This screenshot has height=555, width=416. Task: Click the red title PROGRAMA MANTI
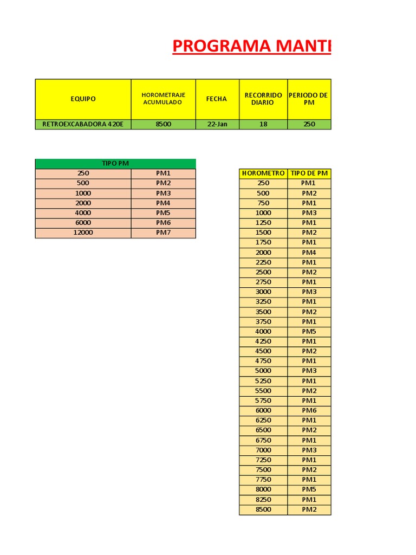[252, 47]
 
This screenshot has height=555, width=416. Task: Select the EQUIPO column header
[83, 99]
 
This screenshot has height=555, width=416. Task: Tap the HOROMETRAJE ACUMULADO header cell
[163, 99]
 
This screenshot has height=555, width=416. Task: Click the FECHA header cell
[217, 99]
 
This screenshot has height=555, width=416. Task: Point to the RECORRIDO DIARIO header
[263, 99]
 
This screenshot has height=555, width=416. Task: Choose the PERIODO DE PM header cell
[309, 99]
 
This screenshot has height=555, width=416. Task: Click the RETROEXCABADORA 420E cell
[83, 124]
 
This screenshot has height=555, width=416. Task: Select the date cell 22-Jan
[217, 124]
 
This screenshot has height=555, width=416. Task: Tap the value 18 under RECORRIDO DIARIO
[263, 124]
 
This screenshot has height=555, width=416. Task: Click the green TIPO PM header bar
[115, 163]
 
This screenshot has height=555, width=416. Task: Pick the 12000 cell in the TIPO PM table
[83, 233]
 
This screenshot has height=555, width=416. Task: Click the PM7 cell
[163, 233]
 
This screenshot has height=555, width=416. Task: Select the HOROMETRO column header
[263, 173]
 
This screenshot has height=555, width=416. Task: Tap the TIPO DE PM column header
[309, 173]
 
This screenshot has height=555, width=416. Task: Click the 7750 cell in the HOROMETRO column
[263, 480]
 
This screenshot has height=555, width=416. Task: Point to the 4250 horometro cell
[263, 341]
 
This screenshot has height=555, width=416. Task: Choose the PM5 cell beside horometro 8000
[309, 489]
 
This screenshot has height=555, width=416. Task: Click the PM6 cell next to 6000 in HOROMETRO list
[309, 410]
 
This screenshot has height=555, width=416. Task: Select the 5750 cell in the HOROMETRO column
[263, 401]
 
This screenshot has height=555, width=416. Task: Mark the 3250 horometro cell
[263, 302]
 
